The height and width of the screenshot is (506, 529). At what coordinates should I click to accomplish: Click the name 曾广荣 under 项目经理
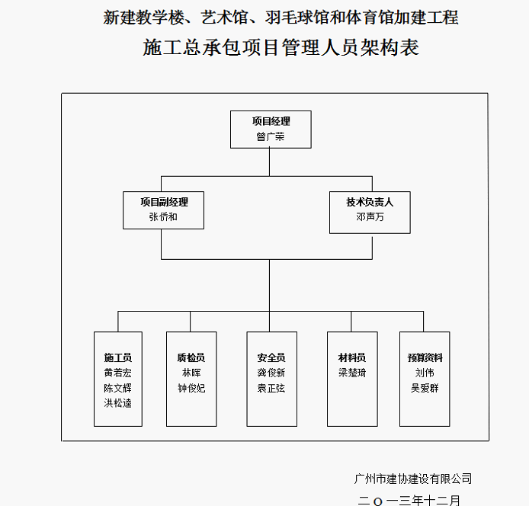pos(271,137)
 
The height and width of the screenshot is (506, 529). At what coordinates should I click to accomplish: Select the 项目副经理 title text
pos(164,202)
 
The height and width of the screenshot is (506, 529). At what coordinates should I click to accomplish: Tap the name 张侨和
pos(164,216)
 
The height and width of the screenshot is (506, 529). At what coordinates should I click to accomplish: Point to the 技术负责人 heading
pos(370,202)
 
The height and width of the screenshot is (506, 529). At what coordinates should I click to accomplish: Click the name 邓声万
pos(370,216)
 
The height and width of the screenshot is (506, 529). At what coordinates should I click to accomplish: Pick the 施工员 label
pos(118,357)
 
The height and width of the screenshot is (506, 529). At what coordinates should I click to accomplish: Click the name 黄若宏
pos(118,373)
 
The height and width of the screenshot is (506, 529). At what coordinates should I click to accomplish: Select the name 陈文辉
pos(118,387)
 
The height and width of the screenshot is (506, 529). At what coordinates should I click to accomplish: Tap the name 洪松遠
pos(118,402)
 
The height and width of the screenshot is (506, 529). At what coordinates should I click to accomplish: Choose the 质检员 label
pos(191,357)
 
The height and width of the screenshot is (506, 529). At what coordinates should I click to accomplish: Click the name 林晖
pos(191,373)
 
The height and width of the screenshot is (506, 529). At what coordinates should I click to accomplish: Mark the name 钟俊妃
pos(191,387)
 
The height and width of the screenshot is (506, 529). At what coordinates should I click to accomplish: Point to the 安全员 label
pos(271,357)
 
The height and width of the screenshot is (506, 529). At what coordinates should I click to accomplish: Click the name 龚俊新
pos(271,373)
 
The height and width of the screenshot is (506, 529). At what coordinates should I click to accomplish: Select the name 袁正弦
pos(271,387)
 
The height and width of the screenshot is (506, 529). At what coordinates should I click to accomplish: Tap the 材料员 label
pos(352,357)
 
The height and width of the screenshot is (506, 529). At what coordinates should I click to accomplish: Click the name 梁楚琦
pos(352,373)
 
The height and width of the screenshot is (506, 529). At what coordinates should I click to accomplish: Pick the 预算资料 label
pos(425,357)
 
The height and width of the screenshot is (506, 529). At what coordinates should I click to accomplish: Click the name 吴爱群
pos(425,387)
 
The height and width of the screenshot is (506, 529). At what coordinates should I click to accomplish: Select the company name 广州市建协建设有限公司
pos(413,479)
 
